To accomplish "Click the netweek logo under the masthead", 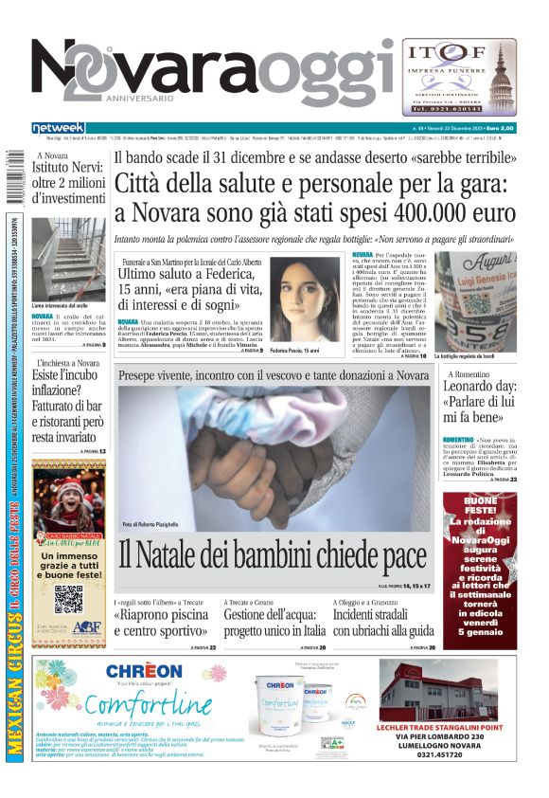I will coord(58,127).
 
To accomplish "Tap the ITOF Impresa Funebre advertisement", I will coord(459,77).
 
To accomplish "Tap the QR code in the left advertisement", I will coord(68,599).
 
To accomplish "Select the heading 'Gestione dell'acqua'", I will coord(273,617).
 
